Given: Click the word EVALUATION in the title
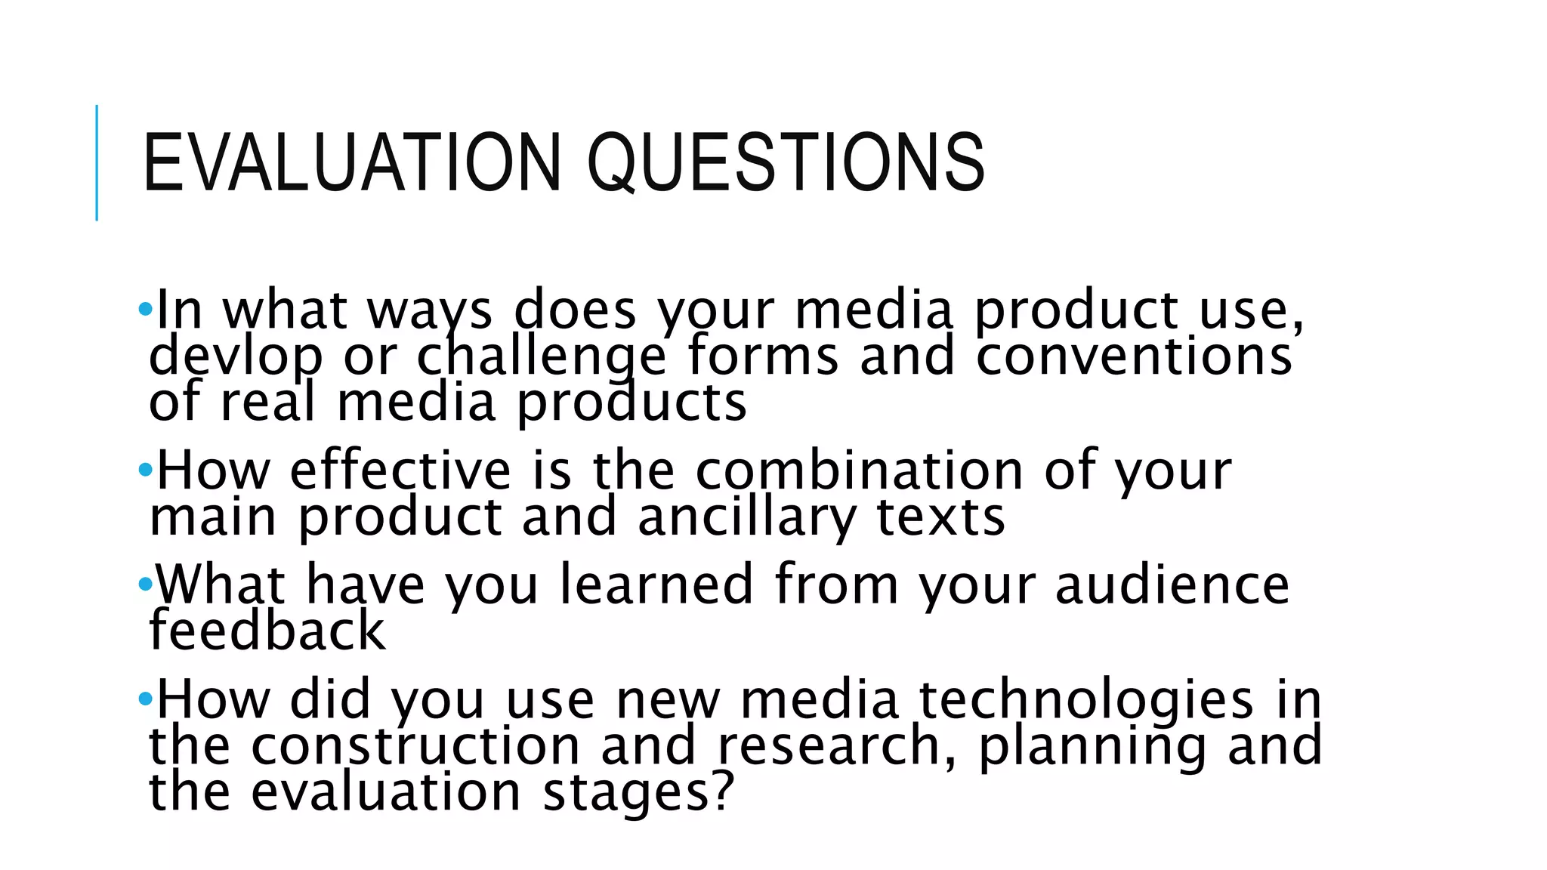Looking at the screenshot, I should click(351, 162).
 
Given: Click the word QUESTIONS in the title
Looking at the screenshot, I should click(786, 162).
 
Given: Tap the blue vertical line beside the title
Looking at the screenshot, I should click(97, 162).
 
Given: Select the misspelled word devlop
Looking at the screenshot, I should click(235, 356).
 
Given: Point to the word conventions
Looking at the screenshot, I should click(1133, 356).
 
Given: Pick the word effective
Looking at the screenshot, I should click(400, 470).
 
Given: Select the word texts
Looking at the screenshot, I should click(940, 518).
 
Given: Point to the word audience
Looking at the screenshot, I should click(1172, 585).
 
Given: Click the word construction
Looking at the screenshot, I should click(415, 746).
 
